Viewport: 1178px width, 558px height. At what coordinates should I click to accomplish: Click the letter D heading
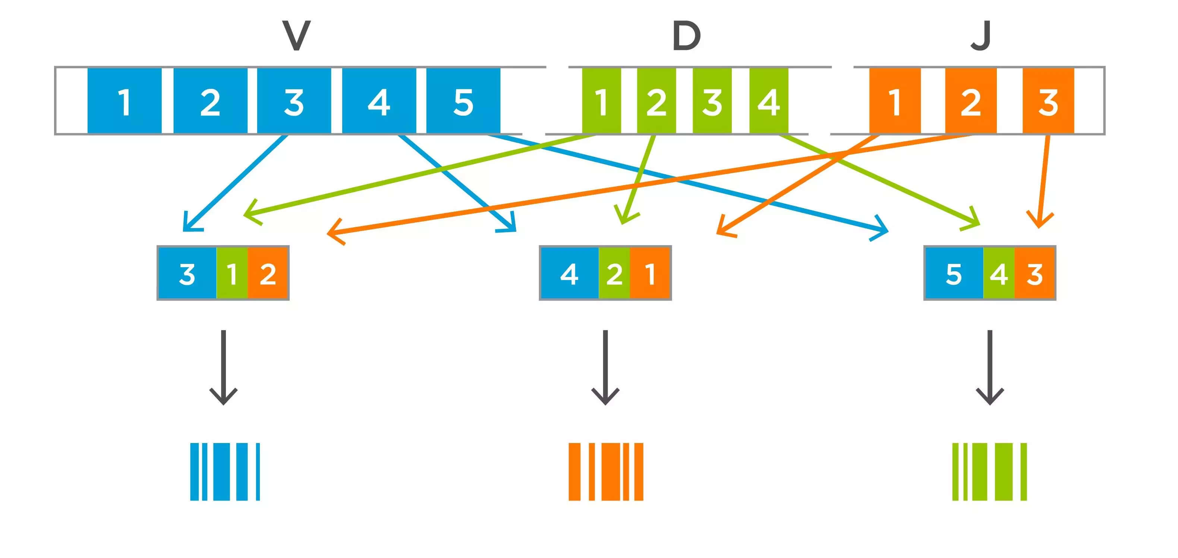686,36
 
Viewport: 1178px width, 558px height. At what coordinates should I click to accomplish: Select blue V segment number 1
125,101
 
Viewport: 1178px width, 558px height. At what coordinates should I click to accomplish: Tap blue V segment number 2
210,101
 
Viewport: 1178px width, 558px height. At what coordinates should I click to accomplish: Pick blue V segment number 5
463,101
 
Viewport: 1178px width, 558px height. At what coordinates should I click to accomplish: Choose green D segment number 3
712,101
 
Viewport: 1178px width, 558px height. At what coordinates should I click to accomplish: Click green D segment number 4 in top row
769,101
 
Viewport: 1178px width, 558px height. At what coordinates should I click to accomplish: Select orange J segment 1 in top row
895,101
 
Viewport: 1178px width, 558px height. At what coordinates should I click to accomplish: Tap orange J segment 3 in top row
1048,101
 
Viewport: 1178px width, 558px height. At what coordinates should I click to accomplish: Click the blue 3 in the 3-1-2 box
187,273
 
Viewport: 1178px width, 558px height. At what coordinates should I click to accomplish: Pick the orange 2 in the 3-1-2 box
268,273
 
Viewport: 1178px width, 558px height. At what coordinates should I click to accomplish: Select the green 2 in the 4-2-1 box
614,273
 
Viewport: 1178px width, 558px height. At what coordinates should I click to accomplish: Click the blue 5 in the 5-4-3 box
954,273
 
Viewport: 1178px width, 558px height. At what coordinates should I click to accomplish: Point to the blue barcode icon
225,471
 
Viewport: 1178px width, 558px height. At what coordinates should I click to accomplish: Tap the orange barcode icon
605,471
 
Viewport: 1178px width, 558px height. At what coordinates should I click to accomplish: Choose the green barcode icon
990,471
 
